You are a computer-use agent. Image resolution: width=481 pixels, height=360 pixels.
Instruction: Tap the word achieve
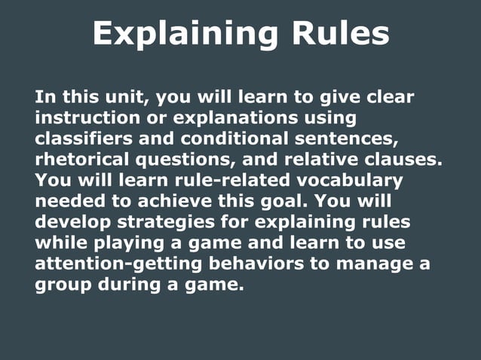pyautogui.click(x=191, y=202)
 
